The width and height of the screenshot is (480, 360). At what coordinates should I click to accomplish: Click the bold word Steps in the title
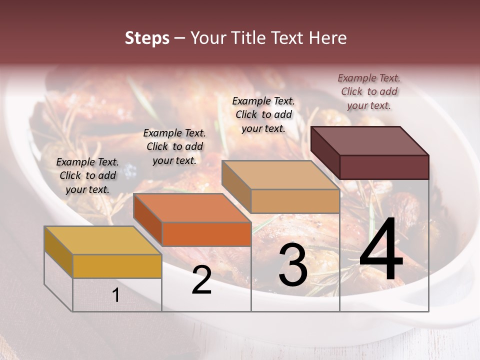147,38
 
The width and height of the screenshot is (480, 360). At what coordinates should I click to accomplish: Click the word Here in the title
327,38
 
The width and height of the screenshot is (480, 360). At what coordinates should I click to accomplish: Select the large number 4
381,250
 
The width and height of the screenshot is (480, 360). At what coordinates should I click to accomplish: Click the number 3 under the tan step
292,265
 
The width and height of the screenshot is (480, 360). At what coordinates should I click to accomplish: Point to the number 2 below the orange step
201,280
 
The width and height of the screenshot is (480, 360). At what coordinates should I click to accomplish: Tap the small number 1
116,295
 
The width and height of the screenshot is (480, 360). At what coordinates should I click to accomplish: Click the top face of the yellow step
102,240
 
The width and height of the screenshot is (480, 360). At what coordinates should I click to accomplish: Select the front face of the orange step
206,234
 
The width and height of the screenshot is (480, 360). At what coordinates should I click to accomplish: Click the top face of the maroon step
370,140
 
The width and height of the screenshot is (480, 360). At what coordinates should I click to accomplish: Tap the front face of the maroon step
384,167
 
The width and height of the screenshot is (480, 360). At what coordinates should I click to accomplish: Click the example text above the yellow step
87,175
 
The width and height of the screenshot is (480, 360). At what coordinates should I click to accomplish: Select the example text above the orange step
174,146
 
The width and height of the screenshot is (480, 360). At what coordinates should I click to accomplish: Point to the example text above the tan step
263,114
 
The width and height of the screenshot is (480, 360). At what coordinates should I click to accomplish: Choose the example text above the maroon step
369,91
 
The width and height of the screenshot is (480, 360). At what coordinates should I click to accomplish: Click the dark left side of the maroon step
325,152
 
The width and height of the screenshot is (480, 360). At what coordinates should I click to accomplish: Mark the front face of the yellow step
117,266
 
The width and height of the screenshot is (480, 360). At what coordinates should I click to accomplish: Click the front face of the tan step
295,201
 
